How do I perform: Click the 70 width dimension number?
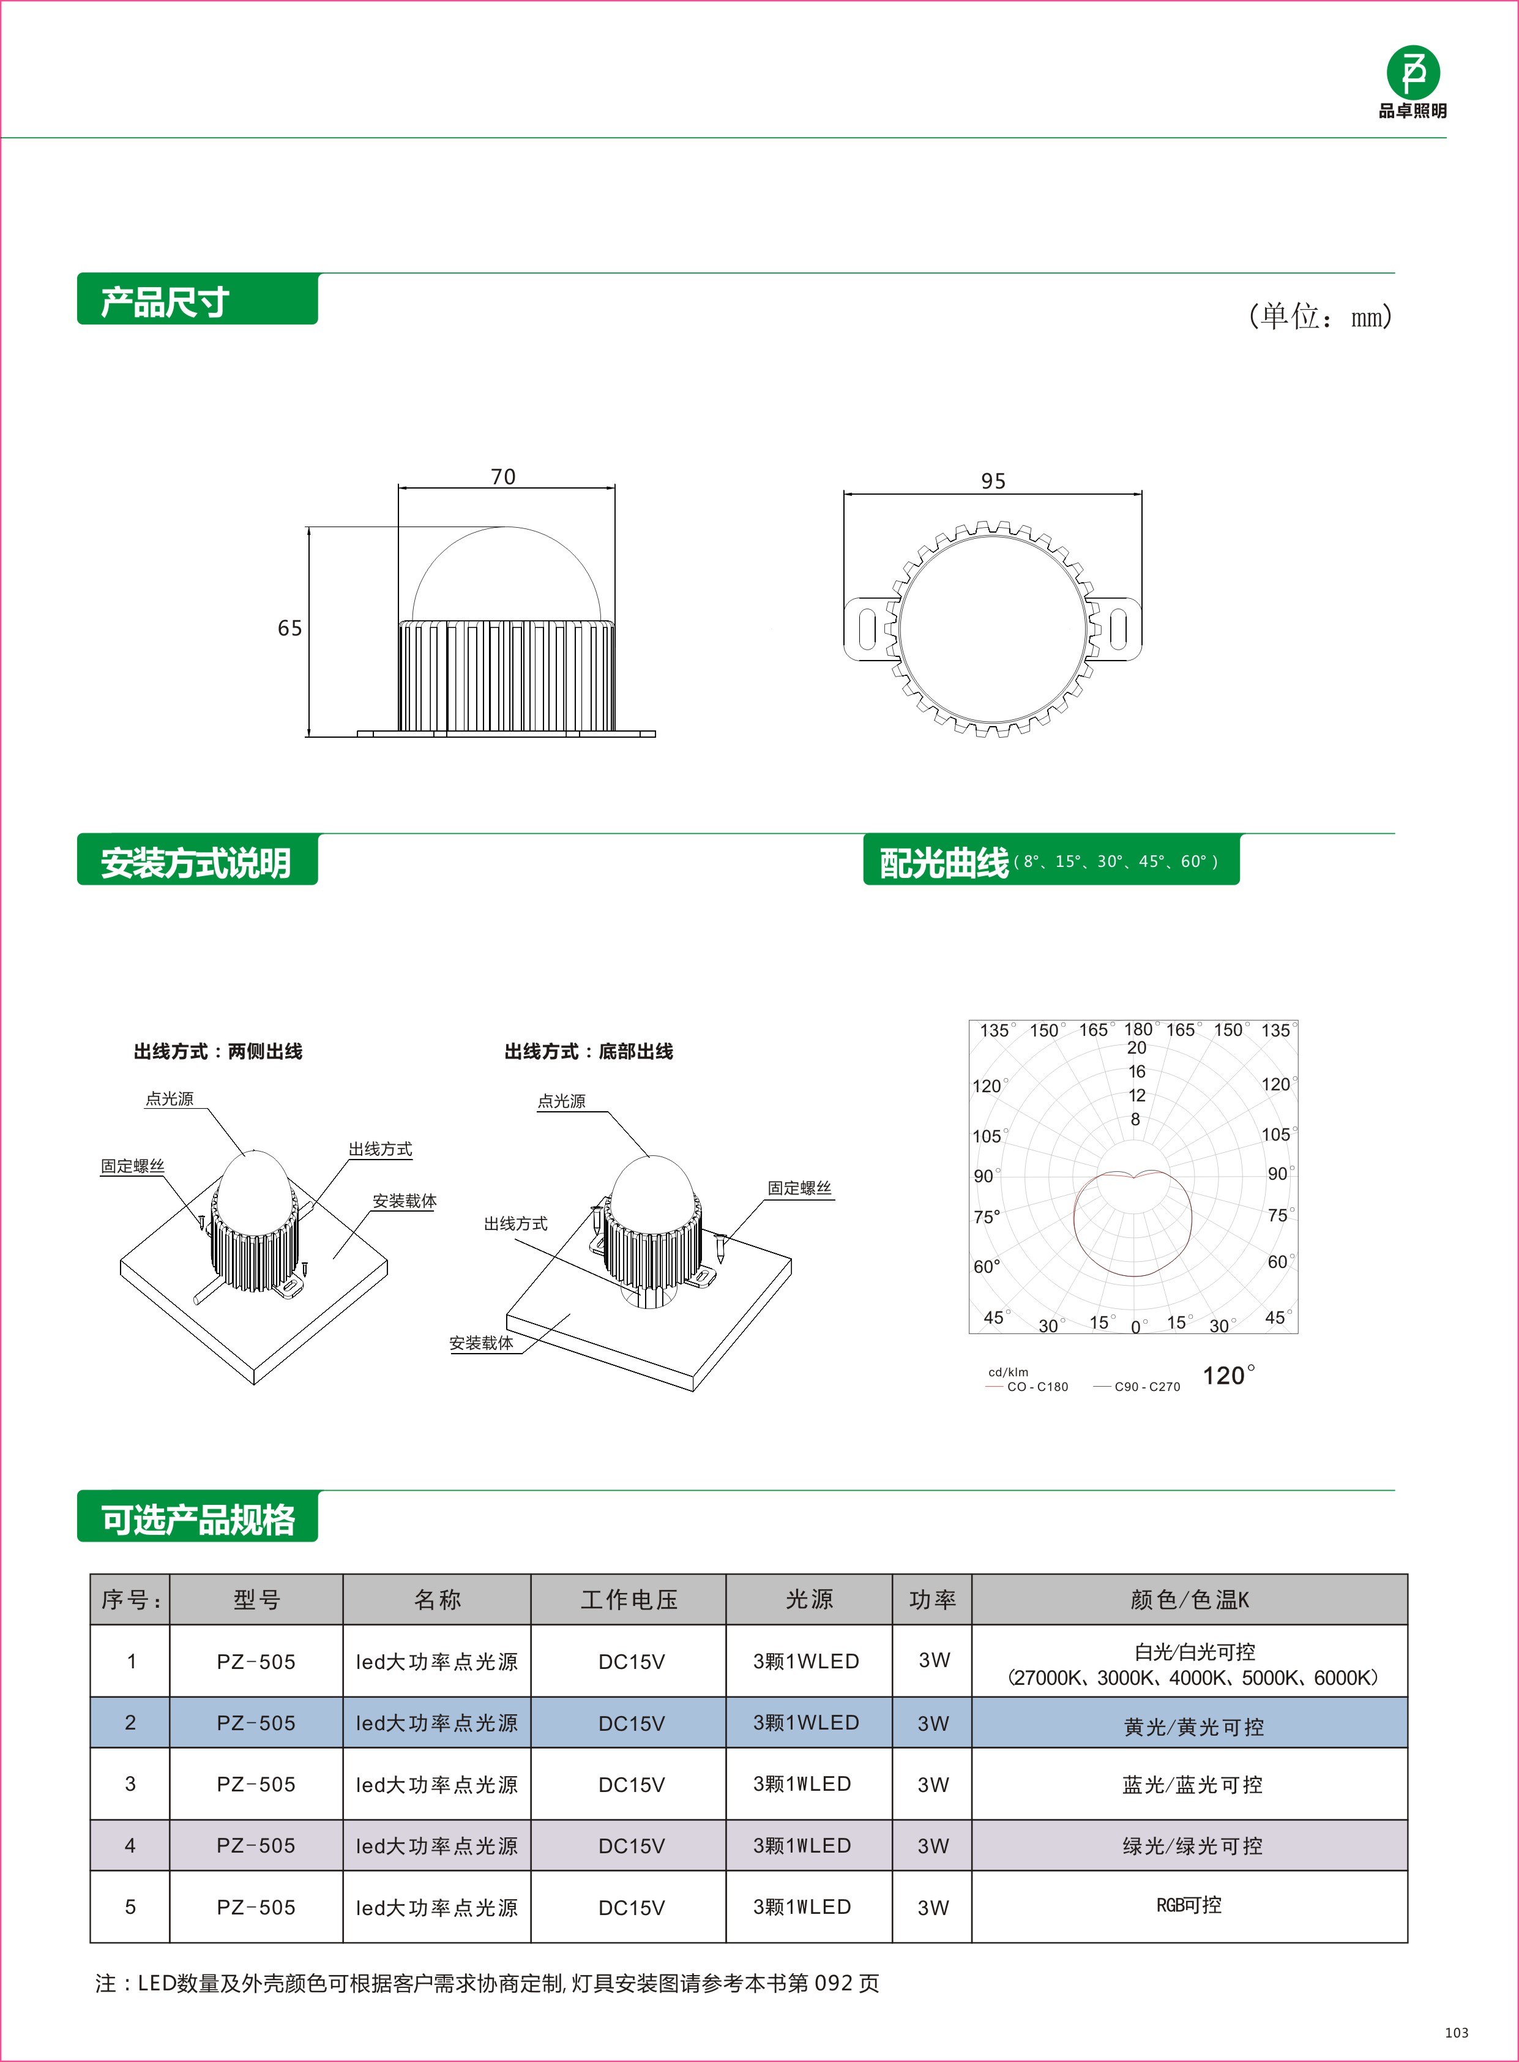click(x=503, y=476)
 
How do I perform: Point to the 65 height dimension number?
click(x=289, y=628)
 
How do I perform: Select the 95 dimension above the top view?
click(x=993, y=481)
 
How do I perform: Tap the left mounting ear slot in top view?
click(x=866, y=629)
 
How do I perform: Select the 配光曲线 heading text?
click(x=944, y=863)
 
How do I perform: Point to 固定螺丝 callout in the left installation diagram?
click(x=132, y=1166)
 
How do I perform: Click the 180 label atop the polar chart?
click(x=1137, y=1029)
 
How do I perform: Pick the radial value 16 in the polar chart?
click(x=1137, y=1071)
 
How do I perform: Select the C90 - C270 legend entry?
click(x=1147, y=1386)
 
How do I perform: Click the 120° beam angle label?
click(x=1228, y=1375)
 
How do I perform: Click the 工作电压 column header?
click(x=629, y=1599)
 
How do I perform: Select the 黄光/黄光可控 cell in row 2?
click(x=1193, y=1726)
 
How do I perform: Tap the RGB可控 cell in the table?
click(x=1189, y=1905)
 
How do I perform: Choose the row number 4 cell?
click(x=130, y=1845)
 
